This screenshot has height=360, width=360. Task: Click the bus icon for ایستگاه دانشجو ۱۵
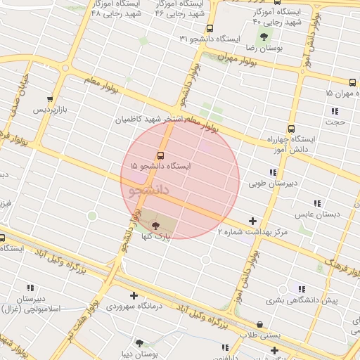pyautogui.click(x=160, y=155)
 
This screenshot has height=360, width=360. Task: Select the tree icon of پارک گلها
pyautogui.click(x=155, y=224)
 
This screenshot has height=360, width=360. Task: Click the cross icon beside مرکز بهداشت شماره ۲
pyautogui.click(x=253, y=221)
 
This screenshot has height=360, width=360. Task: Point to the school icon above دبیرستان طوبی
pyautogui.click(x=272, y=173)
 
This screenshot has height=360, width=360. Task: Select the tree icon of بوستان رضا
pyautogui.click(x=264, y=36)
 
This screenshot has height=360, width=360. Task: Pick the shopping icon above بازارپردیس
pyautogui.click(x=49, y=99)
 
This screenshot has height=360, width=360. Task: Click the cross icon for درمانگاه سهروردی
pyautogui.click(x=134, y=295)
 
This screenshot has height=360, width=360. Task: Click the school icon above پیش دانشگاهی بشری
pyautogui.click(x=302, y=289)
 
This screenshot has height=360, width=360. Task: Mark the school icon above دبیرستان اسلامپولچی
pyautogui.click(x=30, y=288)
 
